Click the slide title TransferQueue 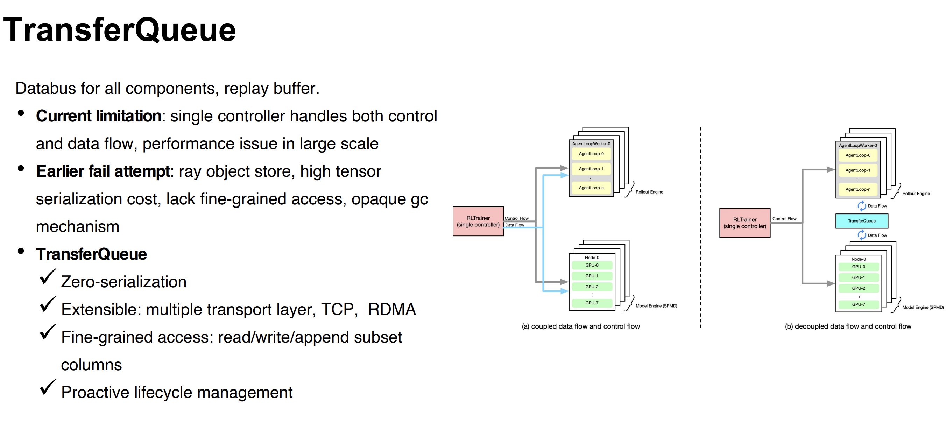click(119, 30)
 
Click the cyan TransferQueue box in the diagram click(862, 221)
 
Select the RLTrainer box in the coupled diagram click(478, 221)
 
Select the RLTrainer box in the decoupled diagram click(744, 223)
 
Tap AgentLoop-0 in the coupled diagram click(591, 154)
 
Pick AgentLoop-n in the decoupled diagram click(857, 189)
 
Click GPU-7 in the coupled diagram click(592, 303)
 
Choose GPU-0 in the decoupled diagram click(858, 267)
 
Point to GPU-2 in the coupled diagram click(592, 287)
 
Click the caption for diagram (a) click(581, 326)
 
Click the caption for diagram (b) click(848, 326)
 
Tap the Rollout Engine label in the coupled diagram click(649, 192)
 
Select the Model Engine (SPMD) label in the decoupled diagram click(923, 307)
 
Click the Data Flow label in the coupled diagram click(515, 225)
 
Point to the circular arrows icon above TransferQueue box click(862, 206)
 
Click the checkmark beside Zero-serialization click(47, 277)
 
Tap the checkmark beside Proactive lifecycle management click(47, 387)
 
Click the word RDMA click(392, 309)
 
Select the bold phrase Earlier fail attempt click(103, 171)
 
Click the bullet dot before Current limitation click(21, 113)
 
